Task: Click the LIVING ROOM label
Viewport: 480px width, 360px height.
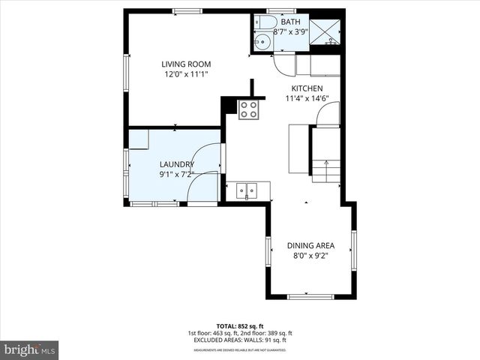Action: [x=186, y=64]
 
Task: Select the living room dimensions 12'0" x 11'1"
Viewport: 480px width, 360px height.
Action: [x=186, y=74]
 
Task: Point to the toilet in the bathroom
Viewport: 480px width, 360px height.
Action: [x=262, y=24]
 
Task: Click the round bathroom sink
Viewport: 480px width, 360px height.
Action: [x=262, y=42]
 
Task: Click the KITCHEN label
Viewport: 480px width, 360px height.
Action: [x=307, y=88]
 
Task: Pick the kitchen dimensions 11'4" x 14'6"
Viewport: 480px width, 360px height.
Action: [x=307, y=98]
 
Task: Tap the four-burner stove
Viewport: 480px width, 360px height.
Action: [x=249, y=110]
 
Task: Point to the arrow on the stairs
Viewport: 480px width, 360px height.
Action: [x=326, y=163]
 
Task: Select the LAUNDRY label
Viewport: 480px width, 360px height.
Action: [x=177, y=164]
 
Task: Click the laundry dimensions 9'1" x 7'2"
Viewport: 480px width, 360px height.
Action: [x=177, y=175]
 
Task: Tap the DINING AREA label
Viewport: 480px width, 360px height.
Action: [x=310, y=245]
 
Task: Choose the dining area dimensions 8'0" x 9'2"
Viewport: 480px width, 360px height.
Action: [x=310, y=256]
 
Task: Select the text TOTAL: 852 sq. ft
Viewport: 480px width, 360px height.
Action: [x=239, y=326]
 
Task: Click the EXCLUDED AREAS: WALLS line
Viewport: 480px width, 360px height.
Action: [x=239, y=340]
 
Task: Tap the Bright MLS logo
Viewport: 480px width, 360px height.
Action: [x=30, y=349]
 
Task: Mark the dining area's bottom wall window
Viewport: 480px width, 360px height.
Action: [x=310, y=296]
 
